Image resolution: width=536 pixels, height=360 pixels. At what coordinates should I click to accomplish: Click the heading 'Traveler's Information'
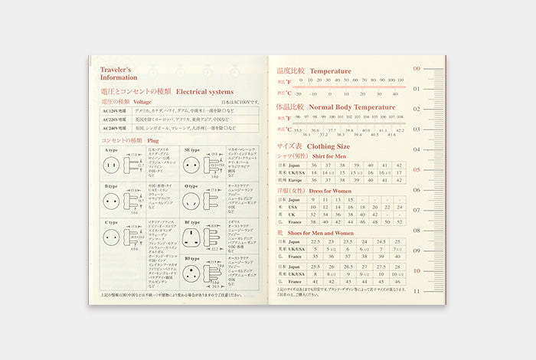[x=116, y=73]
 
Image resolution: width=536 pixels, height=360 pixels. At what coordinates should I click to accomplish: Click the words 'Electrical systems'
[x=208, y=90]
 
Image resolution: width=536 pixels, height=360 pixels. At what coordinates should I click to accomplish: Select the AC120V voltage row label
[x=116, y=111]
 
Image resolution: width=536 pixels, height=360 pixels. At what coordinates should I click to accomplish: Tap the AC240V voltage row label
[x=116, y=129]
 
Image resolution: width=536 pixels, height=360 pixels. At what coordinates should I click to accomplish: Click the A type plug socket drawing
[x=111, y=165]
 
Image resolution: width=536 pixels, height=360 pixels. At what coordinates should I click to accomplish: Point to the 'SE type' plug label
[x=191, y=149]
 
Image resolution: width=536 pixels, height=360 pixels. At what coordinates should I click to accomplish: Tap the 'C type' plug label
[x=113, y=221]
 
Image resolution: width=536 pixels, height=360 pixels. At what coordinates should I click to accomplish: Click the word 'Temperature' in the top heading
[x=330, y=71]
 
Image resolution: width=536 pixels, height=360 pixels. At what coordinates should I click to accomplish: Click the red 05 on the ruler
[x=417, y=169]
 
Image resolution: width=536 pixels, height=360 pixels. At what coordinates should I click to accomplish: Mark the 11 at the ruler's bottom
[x=417, y=290]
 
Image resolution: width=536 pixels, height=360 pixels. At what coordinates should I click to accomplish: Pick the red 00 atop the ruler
[x=417, y=68]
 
